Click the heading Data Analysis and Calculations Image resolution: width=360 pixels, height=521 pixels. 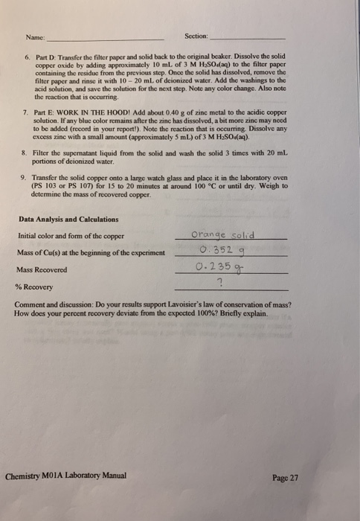point(68,220)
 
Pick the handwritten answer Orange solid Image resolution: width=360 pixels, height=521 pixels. point(223,235)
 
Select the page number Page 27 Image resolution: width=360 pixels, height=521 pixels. point(286,477)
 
